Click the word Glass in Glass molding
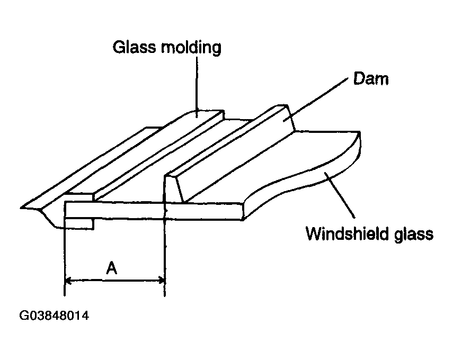pyautogui.click(x=135, y=47)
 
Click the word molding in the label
pyautogui.click(x=191, y=48)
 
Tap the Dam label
pyautogui.click(x=371, y=78)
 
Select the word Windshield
pyautogui.click(x=347, y=233)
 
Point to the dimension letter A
pyautogui.click(x=111, y=268)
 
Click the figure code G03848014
pyautogui.click(x=54, y=316)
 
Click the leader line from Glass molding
pyautogui.click(x=197, y=87)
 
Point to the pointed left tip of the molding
pyautogui.click(x=21, y=208)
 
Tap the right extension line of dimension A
pyautogui.click(x=165, y=235)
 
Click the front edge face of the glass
pyautogui.click(x=155, y=211)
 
